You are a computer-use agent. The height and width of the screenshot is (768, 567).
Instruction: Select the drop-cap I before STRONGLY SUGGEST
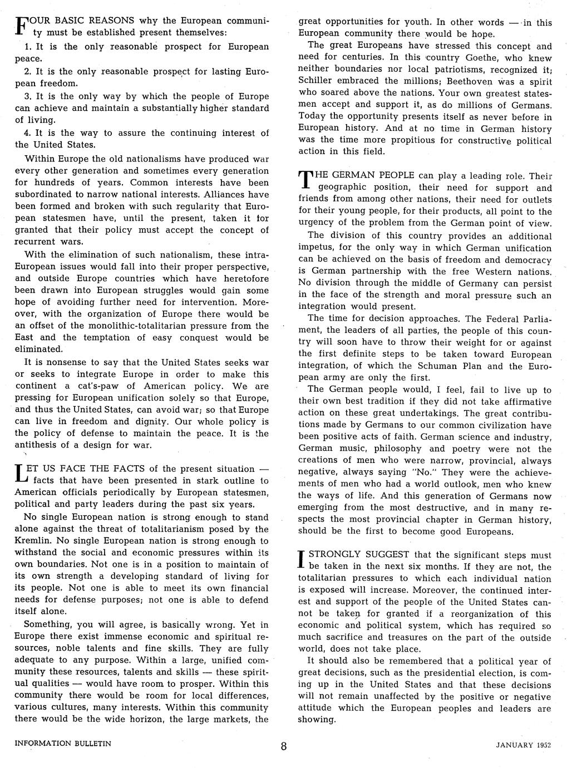302,560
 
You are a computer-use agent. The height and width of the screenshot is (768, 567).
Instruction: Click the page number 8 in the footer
284,746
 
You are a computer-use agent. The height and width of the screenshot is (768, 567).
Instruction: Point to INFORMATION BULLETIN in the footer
63,743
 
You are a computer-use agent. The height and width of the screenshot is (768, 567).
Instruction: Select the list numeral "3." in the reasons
28,96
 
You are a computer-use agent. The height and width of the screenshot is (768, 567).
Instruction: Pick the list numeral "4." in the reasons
28,133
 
